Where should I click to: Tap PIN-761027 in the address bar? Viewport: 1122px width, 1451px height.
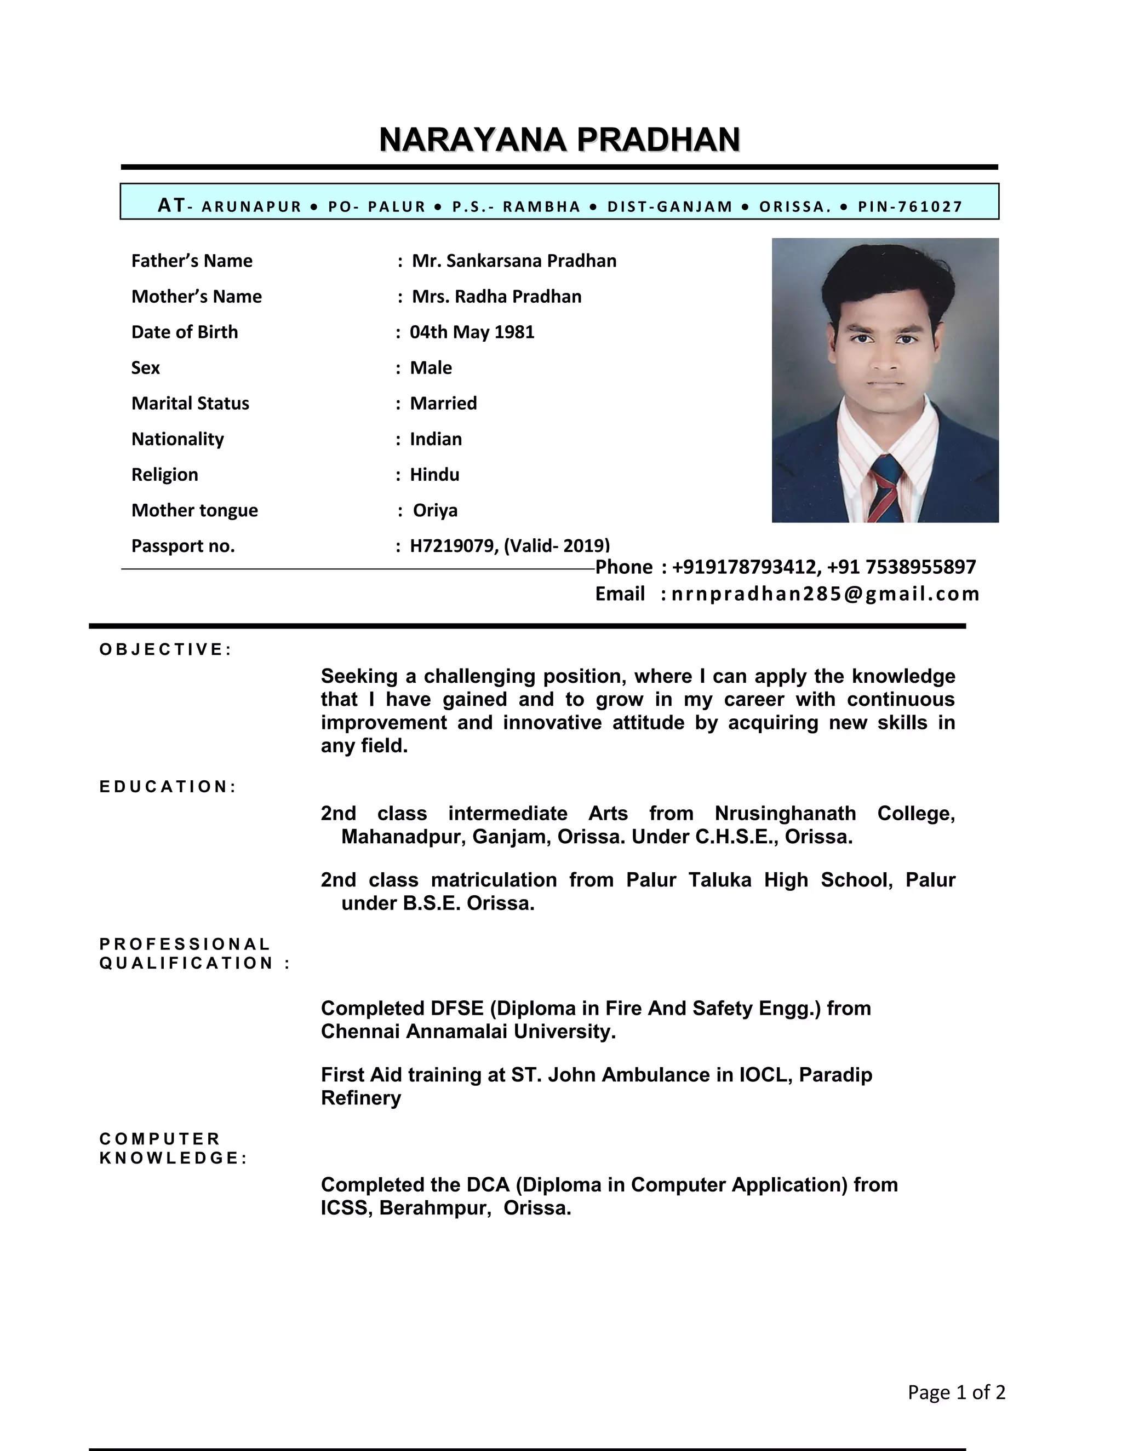(910, 206)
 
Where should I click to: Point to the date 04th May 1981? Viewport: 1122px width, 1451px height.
(472, 332)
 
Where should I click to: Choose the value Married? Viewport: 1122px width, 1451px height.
(443, 404)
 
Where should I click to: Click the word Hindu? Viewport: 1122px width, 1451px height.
(434, 474)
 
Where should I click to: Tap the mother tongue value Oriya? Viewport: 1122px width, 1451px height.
(436, 510)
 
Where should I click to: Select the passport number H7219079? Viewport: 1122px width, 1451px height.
(453, 546)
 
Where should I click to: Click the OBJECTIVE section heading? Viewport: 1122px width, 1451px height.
(165, 649)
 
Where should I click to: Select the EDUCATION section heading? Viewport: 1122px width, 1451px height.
(168, 787)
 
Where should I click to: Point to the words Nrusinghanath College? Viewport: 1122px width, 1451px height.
(834, 813)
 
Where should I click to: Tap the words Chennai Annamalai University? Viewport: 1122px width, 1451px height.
(468, 1032)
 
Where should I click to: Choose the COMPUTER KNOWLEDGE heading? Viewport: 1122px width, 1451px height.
(173, 1149)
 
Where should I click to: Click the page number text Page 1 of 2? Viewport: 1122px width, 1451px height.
(956, 1391)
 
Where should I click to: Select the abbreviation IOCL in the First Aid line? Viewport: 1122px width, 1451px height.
(765, 1075)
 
